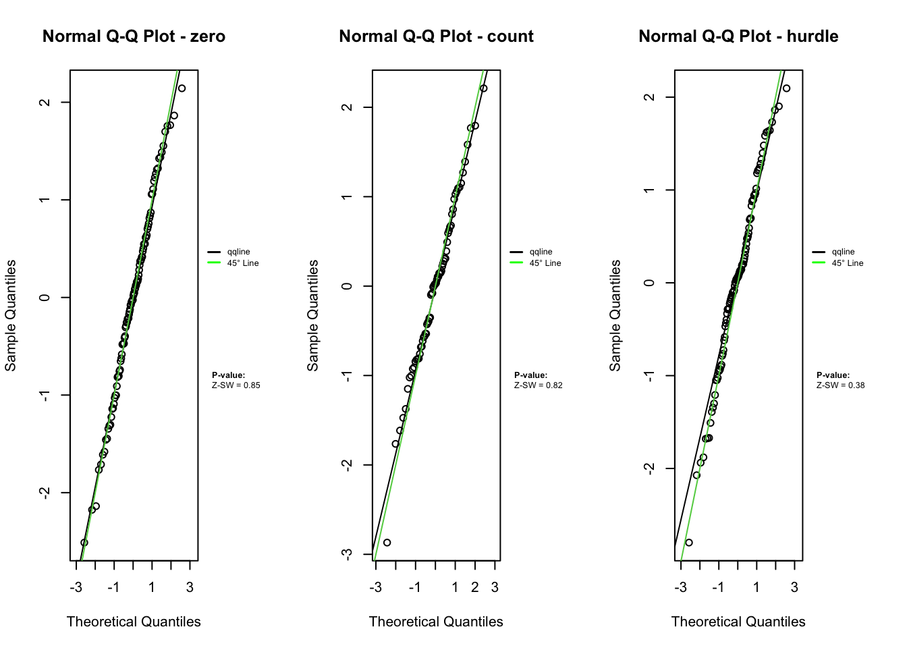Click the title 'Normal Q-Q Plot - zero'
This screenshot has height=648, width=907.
tap(134, 36)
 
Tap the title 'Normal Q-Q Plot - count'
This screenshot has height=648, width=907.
tap(436, 36)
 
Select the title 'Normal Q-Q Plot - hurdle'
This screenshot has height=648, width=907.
tap(738, 36)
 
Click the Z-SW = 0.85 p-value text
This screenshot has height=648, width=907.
tap(236, 385)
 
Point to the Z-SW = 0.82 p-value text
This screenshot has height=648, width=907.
tap(538, 385)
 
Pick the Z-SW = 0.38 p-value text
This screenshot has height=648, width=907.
tap(840, 385)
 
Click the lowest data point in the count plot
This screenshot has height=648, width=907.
tap(387, 543)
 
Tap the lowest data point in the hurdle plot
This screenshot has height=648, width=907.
tap(689, 543)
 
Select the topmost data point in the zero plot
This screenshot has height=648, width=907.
tap(182, 88)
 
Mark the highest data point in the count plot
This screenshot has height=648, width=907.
tap(483, 88)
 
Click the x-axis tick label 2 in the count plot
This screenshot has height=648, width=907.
tap(475, 587)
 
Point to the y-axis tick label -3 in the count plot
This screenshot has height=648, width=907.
tap(347, 554)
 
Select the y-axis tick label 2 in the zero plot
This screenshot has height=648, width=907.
tap(45, 102)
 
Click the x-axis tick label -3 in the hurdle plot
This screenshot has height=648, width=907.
tap(680, 587)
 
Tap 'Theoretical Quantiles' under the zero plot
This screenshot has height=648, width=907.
tap(134, 622)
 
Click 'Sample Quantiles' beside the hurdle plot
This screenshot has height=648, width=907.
tap(615, 315)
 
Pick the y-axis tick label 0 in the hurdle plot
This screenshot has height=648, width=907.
tap(649, 283)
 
